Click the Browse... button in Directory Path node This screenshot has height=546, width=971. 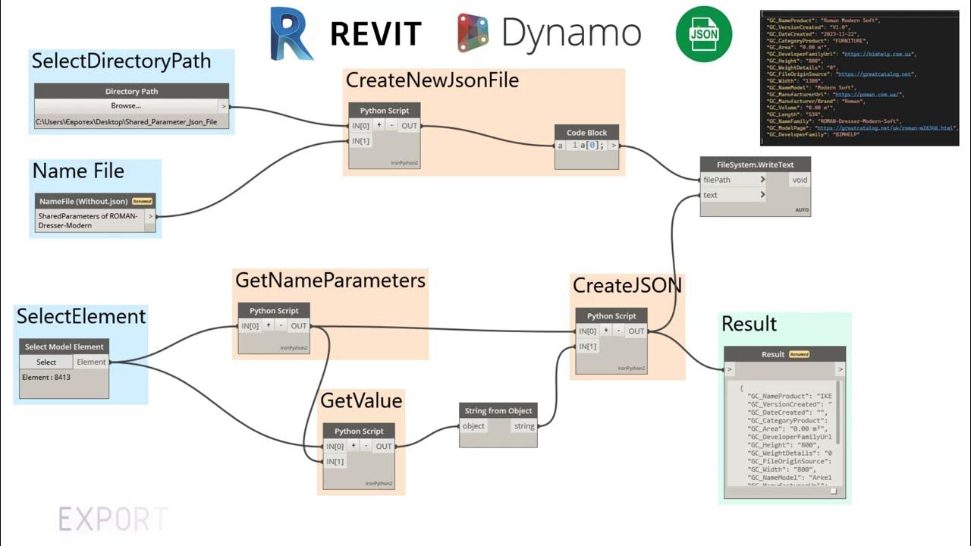(x=126, y=106)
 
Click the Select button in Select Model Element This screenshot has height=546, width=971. (x=46, y=362)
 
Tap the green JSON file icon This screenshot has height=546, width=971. (x=703, y=34)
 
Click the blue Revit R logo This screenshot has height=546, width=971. (x=291, y=34)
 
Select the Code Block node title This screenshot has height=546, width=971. (x=586, y=132)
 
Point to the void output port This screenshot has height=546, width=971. (x=800, y=180)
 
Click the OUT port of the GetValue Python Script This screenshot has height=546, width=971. (x=384, y=446)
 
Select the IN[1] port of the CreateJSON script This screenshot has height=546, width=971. (x=587, y=347)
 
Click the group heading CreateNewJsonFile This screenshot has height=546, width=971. (x=432, y=80)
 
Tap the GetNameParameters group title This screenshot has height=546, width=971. (x=330, y=281)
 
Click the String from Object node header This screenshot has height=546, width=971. (x=498, y=410)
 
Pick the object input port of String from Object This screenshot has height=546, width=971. (x=473, y=426)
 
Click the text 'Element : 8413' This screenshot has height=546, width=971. (x=46, y=377)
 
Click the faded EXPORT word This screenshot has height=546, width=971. (x=112, y=519)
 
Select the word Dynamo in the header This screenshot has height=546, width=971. (x=570, y=33)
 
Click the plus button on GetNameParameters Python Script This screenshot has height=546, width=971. (x=268, y=326)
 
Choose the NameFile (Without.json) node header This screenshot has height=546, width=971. (x=83, y=201)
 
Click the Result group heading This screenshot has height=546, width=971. (x=749, y=324)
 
